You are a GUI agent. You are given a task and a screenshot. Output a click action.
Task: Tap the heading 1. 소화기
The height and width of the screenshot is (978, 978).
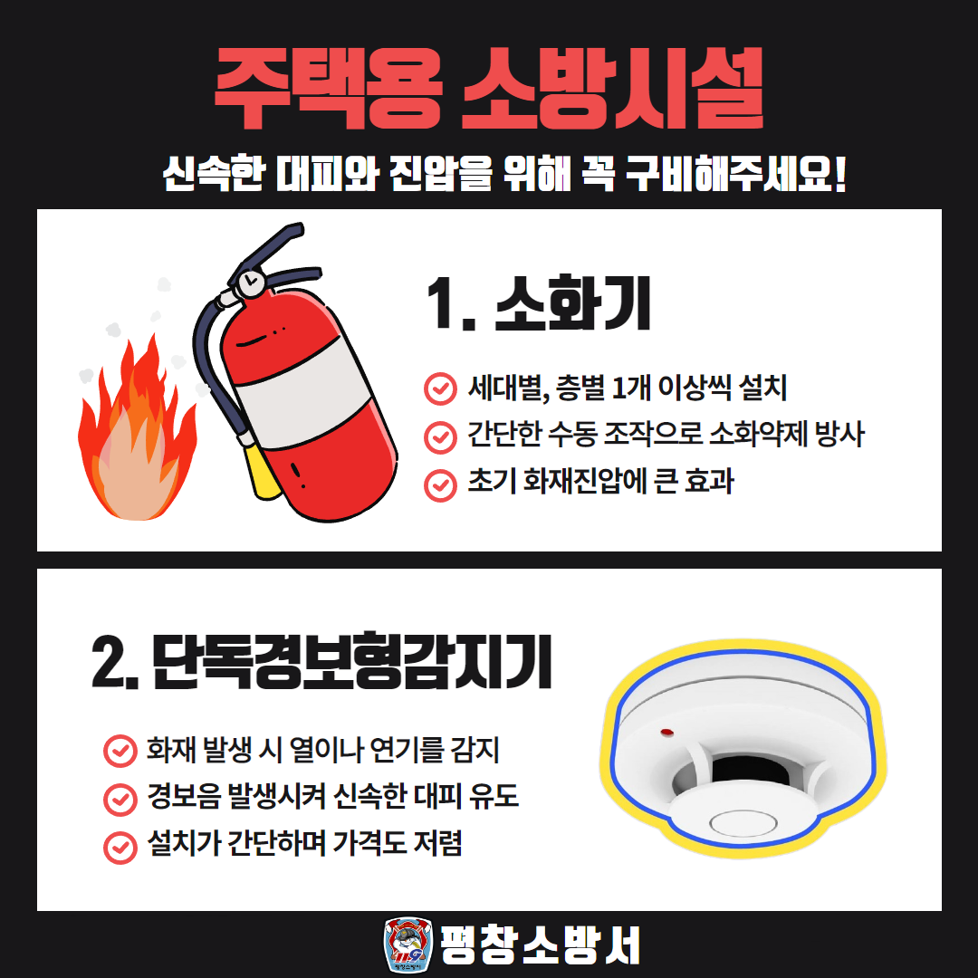point(539,303)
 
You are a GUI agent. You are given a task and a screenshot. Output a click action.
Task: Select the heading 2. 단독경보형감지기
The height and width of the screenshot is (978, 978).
point(321,661)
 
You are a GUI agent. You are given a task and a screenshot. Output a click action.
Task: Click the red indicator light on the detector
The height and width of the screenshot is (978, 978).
point(666,732)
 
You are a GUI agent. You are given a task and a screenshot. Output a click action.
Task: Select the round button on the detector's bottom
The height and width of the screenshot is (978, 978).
point(743,823)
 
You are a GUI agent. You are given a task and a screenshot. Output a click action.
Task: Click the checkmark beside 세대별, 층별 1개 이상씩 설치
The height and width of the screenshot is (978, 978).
point(440,388)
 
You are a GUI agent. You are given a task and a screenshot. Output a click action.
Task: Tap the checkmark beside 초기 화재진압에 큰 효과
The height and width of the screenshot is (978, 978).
point(440,485)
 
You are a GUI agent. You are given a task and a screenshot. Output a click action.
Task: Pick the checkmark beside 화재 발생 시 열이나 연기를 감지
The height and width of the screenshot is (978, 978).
point(120,751)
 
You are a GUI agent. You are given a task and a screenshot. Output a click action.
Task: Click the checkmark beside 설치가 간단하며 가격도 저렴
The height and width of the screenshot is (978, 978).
point(120,847)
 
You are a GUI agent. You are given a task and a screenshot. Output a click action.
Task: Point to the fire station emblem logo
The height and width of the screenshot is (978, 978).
point(407,944)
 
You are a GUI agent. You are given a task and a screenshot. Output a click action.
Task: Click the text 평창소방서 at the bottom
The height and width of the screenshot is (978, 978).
point(540,944)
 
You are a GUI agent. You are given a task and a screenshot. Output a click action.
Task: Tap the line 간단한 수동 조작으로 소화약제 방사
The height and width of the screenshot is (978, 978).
point(666,434)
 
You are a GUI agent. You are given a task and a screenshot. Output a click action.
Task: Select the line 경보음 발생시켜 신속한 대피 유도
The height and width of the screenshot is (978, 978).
point(333,796)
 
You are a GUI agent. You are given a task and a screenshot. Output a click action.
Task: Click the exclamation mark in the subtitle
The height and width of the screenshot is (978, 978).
point(839,173)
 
